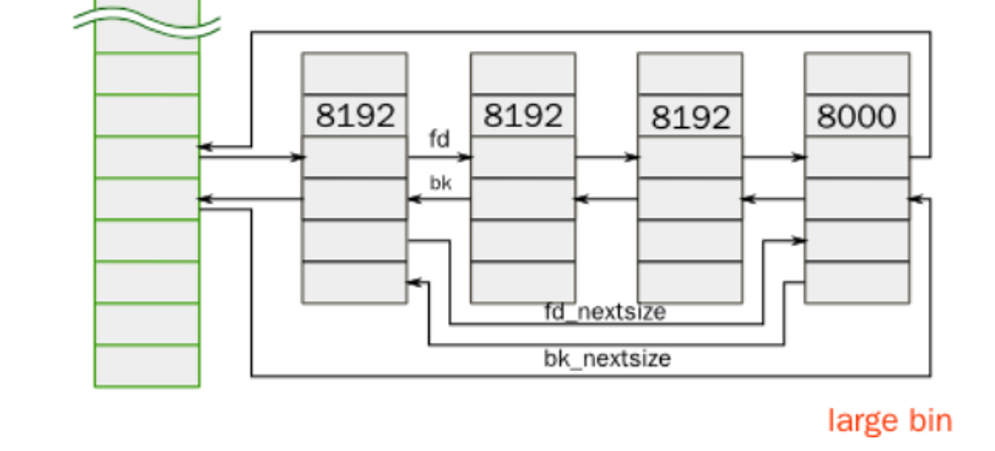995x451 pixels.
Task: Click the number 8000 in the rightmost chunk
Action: click(856, 116)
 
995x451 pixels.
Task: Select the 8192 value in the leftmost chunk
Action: click(355, 116)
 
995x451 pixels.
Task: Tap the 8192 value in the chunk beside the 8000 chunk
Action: click(691, 117)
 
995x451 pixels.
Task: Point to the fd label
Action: click(439, 139)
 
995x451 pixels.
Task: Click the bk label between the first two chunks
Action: click(440, 183)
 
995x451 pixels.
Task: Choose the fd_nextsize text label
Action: click(605, 312)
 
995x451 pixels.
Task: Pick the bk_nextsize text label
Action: click(607, 359)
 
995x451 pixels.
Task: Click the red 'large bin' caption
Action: click(890, 421)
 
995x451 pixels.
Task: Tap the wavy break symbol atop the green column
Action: click(147, 22)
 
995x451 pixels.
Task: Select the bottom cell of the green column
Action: click(147, 365)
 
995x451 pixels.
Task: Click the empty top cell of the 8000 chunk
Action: click(857, 74)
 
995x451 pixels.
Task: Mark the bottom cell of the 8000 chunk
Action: click(857, 282)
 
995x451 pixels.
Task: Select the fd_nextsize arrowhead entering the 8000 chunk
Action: click(799, 241)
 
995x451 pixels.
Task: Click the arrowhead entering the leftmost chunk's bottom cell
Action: click(414, 282)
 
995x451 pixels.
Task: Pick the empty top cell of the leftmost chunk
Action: click(354, 74)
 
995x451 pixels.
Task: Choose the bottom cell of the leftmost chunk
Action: click(354, 282)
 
